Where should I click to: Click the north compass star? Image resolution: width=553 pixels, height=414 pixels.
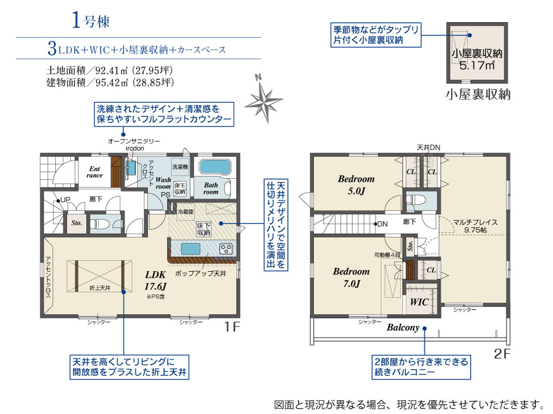coord(264,102)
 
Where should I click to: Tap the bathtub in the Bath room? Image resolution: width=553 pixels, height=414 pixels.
coord(215,167)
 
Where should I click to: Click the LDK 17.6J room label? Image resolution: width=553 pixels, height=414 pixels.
coord(155,280)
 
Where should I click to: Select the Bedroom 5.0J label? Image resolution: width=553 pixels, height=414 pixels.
coord(356,185)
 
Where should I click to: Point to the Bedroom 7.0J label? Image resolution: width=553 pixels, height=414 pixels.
coord(352,277)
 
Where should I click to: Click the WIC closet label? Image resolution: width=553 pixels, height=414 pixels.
coord(419,302)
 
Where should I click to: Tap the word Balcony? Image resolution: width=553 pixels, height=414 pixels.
coord(403,328)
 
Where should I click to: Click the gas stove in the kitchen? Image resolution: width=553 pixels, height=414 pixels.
coord(226,249)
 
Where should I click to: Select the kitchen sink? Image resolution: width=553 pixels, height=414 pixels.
coord(190,249)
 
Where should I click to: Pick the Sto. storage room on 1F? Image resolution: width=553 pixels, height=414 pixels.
coord(76,223)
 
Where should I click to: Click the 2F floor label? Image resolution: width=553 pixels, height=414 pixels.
coord(502,353)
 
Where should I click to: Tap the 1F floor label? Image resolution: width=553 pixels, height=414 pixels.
coord(232,327)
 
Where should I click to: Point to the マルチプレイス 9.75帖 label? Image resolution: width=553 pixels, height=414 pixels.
coord(476,226)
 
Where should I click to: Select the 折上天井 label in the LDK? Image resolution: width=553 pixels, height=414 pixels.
coord(100,288)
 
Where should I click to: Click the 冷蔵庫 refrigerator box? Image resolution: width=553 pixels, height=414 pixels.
coord(185,212)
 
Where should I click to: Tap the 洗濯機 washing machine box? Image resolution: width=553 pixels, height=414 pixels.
coord(180,167)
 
